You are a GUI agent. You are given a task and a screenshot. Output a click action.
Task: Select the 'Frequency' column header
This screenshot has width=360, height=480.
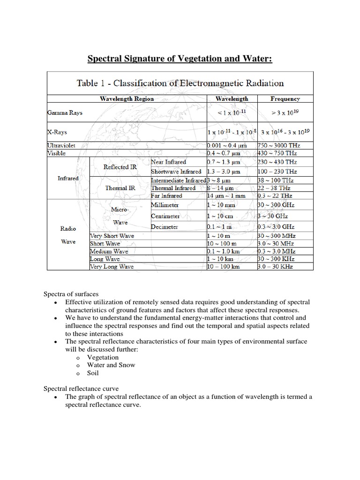point(285,99)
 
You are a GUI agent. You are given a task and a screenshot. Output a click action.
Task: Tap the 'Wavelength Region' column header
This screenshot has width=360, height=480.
point(127,99)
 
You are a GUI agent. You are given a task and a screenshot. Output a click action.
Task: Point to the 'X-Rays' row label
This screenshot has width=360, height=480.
point(57,132)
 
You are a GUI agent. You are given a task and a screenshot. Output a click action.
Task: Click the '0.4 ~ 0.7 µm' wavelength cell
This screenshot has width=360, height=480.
point(224,153)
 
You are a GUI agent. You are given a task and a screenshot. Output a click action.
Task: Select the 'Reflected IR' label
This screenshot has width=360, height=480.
point(120,167)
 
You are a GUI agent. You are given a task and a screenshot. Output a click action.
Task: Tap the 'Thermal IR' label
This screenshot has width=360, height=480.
point(120,188)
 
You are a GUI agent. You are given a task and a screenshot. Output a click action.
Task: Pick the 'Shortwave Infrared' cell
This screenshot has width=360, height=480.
point(176,172)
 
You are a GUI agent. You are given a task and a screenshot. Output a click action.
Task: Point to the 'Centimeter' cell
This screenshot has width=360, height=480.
point(165,216)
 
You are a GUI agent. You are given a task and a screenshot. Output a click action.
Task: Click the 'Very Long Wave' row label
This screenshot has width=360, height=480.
point(112,267)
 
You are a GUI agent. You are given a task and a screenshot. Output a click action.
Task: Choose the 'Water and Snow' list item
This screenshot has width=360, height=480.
point(111,365)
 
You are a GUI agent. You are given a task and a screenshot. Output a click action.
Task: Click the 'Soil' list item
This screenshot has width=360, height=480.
point(93,374)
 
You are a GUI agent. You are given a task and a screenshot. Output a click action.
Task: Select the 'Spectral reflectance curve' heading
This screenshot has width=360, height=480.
point(81,389)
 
